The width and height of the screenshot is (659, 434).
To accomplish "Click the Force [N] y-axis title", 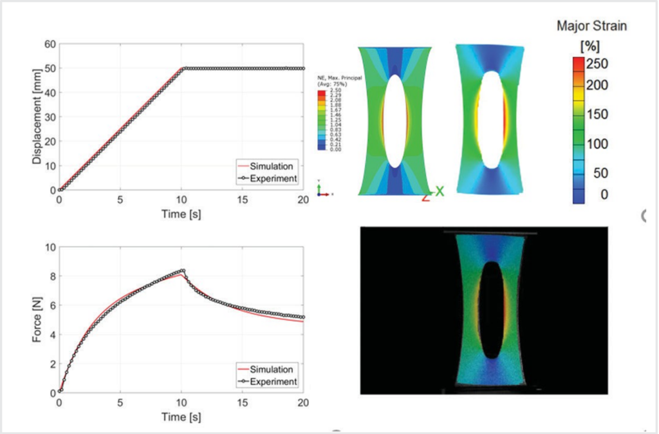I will [x=38, y=320].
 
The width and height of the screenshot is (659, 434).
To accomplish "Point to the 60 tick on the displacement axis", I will [x=50, y=44].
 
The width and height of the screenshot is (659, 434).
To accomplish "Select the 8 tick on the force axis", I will [x=53, y=276].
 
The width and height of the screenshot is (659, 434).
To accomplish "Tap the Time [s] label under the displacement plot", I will [x=181, y=214].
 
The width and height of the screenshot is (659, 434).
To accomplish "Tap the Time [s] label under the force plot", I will [x=181, y=417].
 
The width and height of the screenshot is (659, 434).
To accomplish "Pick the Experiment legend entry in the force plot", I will [x=274, y=382].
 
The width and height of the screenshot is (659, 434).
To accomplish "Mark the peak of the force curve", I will [x=183, y=271].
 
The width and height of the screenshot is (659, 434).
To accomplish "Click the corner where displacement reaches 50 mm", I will [x=183, y=68].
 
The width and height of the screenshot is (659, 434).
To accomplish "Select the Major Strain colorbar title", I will [x=591, y=26].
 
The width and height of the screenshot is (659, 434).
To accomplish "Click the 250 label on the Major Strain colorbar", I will [x=596, y=63].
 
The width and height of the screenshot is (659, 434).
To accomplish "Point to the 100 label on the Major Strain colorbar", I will [x=596, y=144].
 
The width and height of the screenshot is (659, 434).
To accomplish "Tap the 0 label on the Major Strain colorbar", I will [x=603, y=194].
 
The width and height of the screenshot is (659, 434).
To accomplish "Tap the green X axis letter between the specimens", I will [x=439, y=191].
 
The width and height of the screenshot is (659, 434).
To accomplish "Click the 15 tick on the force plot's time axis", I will [x=242, y=402].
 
